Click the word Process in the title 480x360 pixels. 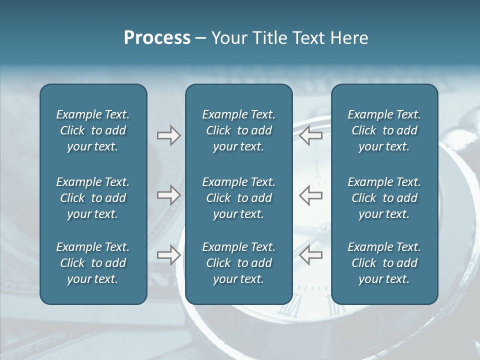[157, 38]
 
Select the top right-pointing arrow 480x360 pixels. [168, 135]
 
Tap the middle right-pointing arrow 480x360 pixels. [168, 195]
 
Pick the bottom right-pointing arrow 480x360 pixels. [168, 255]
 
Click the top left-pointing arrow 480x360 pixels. [310, 135]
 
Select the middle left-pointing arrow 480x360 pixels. [310, 195]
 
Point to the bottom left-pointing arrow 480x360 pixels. [310, 255]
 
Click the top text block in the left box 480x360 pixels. [93, 130]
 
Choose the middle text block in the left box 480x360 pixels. [93, 198]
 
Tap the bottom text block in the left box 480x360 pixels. [93, 263]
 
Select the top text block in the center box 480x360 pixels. [238, 130]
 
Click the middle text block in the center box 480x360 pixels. [238, 198]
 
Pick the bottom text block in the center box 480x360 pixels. [238, 263]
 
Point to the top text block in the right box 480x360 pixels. [384, 130]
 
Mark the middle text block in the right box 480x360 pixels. [384, 198]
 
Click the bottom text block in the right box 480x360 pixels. [384, 263]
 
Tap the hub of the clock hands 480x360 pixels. [323, 228]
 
